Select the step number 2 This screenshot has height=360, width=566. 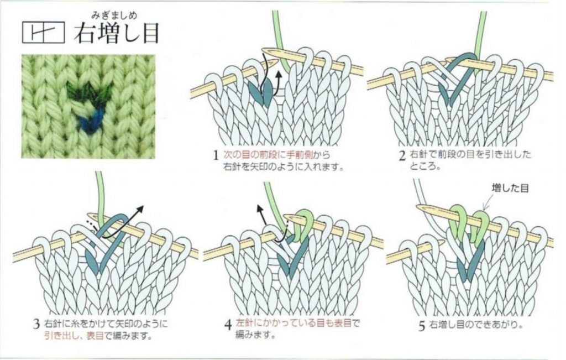coord(403,155)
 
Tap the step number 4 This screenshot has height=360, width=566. coord(227,325)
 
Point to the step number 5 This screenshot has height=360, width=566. coord(421,326)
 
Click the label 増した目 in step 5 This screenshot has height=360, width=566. coord(510,189)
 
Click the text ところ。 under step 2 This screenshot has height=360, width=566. coord(425,166)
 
